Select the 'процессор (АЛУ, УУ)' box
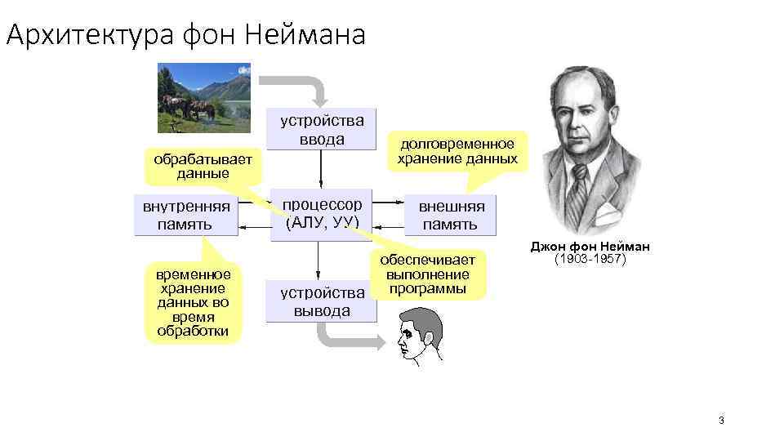[x=323, y=214]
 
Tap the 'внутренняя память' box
[x=186, y=214]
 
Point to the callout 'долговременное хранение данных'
[x=457, y=152]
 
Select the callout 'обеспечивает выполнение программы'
[x=427, y=274]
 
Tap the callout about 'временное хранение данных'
[x=194, y=303]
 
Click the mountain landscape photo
[x=204, y=97]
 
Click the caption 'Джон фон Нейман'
[x=590, y=247]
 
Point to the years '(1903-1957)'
[x=590, y=260]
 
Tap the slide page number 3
[x=721, y=421]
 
